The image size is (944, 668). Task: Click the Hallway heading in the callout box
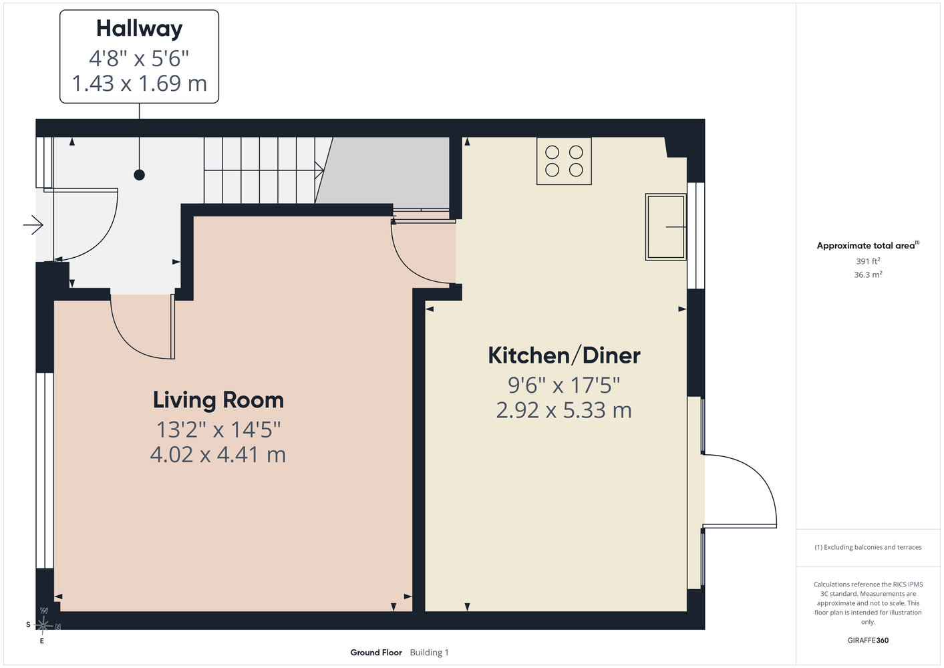139,29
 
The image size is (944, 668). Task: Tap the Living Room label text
218,400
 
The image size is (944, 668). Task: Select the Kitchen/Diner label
564,355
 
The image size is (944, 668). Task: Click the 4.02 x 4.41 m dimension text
218,455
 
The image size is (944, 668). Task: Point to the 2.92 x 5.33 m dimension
564,410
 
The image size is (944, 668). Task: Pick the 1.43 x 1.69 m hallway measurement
139,83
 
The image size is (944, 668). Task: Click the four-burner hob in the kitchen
564,161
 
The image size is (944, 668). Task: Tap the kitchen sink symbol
666,226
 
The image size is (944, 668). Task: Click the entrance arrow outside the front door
33,224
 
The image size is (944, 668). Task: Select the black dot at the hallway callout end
139,175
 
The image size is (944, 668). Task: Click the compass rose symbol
43,625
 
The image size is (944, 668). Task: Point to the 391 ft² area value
868,261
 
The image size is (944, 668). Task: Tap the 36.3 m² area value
868,275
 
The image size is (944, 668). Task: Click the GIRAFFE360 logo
868,640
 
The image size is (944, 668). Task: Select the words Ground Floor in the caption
376,653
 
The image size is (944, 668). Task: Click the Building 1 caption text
429,653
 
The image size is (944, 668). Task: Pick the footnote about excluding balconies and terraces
868,547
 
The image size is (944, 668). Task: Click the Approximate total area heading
868,245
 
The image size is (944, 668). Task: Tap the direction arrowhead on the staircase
320,170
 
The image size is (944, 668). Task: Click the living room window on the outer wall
44,470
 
